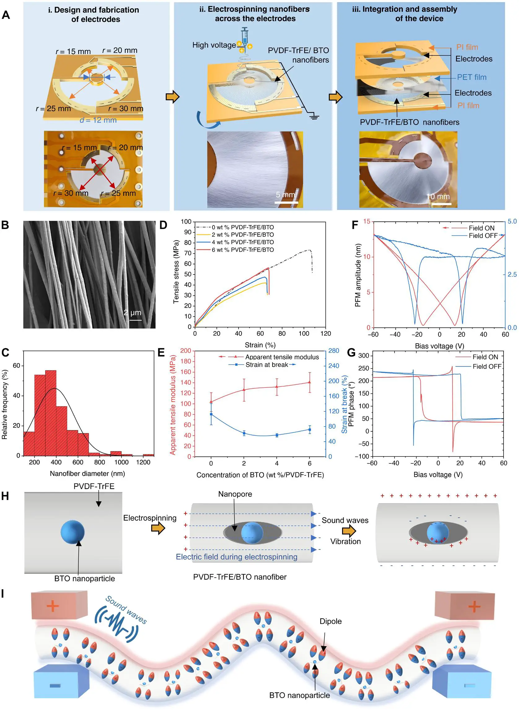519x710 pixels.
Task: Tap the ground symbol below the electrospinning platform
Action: (x=314, y=117)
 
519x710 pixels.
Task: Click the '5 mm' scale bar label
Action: (x=285, y=195)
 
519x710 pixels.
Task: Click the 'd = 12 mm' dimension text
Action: (x=98, y=120)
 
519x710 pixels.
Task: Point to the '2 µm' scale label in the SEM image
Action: (x=132, y=313)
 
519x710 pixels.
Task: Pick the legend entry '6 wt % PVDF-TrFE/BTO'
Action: (x=243, y=250)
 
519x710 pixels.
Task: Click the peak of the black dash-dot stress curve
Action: (x=309, y=250)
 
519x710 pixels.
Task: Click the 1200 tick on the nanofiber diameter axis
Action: (x=143, y=462)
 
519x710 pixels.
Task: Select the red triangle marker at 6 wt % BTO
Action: (x=310, y=382)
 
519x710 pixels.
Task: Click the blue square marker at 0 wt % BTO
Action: (x=211, y=414)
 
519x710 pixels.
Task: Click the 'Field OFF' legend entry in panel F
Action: (x=483, y=236)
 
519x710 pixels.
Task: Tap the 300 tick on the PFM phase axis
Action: (x=363, y=356)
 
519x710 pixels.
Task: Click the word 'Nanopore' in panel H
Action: (x=235, y=494)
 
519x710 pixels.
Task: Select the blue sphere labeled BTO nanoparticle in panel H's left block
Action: (x=73, y=532)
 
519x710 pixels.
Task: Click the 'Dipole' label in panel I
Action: (x=331, y=621)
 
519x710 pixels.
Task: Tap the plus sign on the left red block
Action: (x=52, y=606)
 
